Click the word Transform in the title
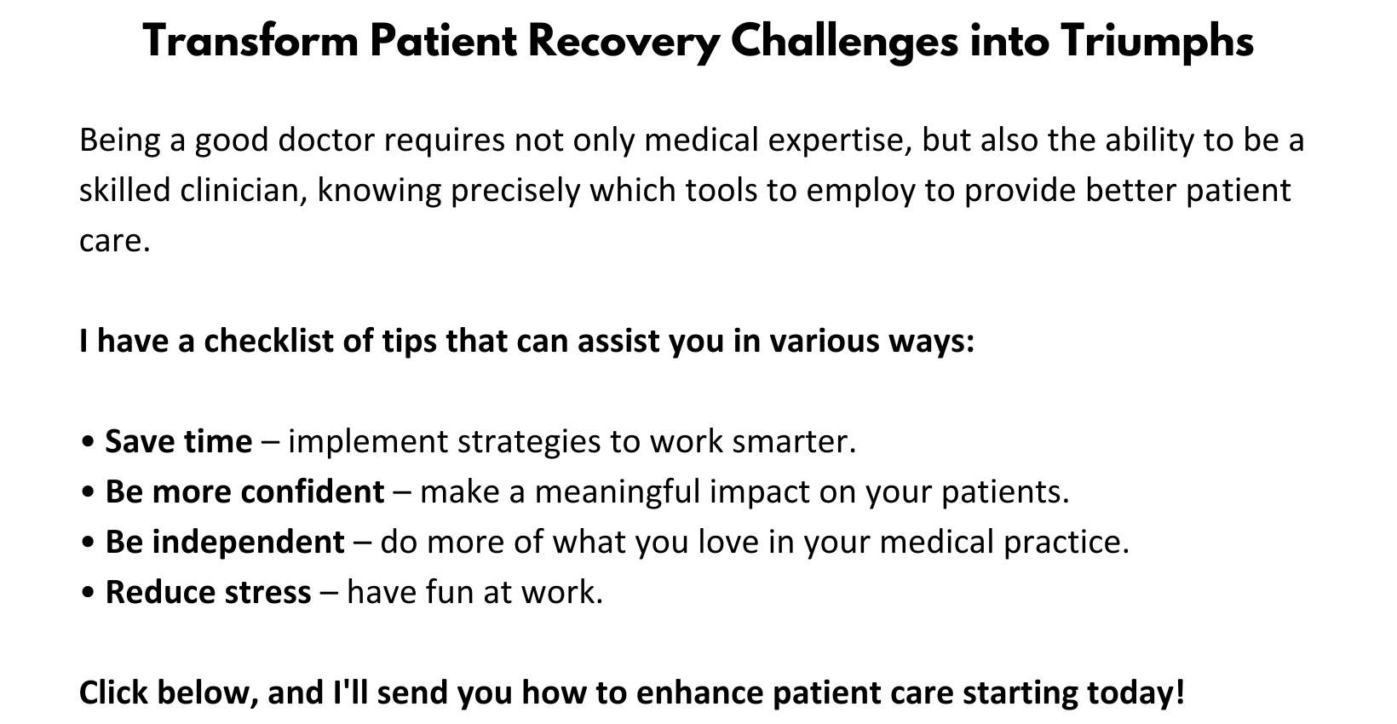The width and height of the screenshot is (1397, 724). click(250, 41)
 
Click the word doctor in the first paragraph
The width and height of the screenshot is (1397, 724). click(326, 140)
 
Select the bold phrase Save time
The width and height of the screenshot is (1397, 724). click(178, 441)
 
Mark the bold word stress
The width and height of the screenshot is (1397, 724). click(272, 592)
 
